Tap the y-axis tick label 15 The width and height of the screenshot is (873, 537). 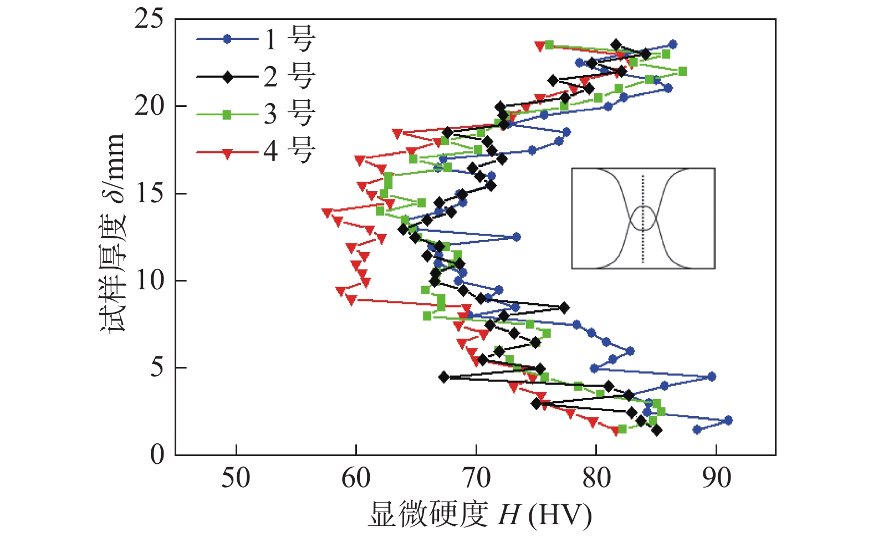[x=149, y=193]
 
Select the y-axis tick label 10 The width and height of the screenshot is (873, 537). [x=149, y=280]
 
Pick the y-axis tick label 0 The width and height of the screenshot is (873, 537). [x=157, y=454]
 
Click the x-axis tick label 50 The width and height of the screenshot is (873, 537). [x=236, y=478]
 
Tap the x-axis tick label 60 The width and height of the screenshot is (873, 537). [x=356, y=478]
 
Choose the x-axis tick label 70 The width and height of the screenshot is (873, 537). [x=476, y=478]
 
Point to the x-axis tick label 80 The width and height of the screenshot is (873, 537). [x=596, y=478]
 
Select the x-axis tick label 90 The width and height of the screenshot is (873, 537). [x=716, y=478]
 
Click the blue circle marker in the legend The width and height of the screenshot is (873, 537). [x=227, y=39]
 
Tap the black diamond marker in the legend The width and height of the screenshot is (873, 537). [x=227, y=77]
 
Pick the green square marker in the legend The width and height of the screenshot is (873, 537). [x=227, y=115]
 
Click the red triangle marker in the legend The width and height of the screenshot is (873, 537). [x=227, y=153]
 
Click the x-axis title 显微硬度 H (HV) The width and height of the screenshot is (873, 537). [x=479, y=515]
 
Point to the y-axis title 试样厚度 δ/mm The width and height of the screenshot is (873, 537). [x=113, y=233]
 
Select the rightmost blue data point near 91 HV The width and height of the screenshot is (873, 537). [x=728, y=420]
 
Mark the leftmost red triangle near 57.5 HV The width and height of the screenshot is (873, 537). [x=327, y=212]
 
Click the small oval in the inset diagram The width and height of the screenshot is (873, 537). [x=643, y=218]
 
